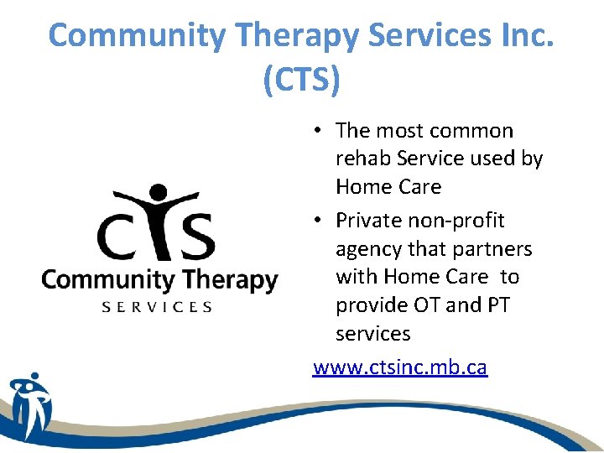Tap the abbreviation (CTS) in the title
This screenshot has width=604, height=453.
click(x=302, y=81)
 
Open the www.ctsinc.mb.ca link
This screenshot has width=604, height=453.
click(x=399, y=367)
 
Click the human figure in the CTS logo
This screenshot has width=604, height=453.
click(x=156, y=218)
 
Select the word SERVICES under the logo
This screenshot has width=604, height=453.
click(x=157, y=307)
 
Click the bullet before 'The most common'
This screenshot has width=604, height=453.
click(x=319, y=131)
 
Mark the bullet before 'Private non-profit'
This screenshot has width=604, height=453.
click(x=319, y=221)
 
